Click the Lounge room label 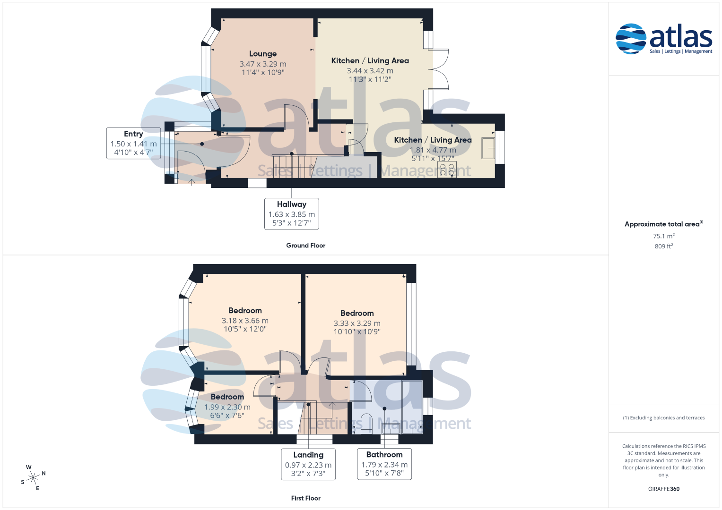pos(263,54)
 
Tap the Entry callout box pos(133,143)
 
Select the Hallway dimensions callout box pos(291,214)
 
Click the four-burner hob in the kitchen pos(447,170)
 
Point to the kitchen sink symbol pos(488,148)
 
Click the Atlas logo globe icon pos(631,39)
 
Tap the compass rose pos(33,477)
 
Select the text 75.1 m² pos(664,236)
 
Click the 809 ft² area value pos(664,246)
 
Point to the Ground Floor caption pos(305,246)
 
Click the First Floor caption pos(305,498)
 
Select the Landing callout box pos(308,464)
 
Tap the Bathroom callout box pos(384,464)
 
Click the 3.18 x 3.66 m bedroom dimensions pos(245,321)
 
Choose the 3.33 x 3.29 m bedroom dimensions pos(357,323)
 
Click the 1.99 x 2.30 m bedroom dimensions pos(227,407)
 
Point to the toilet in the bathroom pos(366,424)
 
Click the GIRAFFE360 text pos(664,489)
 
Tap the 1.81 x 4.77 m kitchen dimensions pos(433,150)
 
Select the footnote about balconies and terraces pos(664,417)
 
